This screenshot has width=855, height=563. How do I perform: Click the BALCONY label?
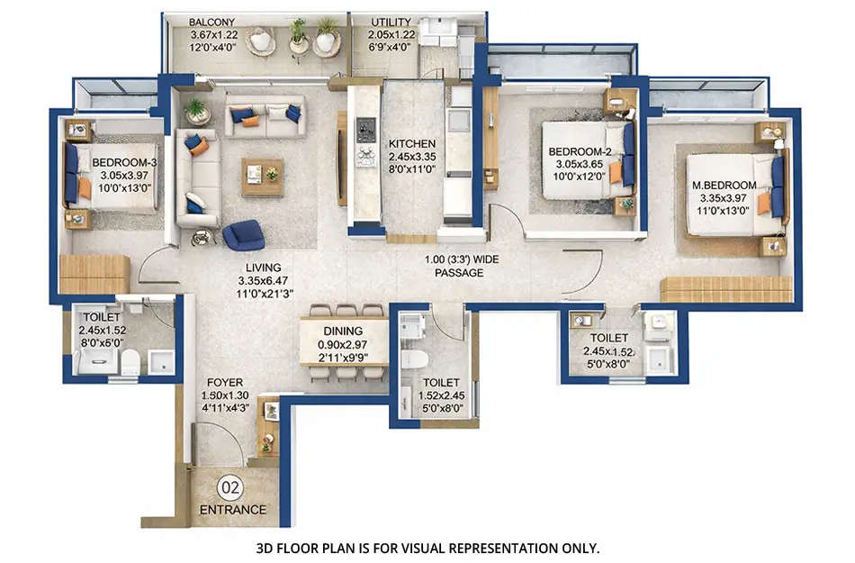point(211,22)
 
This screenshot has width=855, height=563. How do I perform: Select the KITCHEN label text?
point(412,143)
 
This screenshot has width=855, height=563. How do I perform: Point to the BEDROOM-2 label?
point(580,152)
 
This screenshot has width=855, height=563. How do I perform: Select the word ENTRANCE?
point(232,510)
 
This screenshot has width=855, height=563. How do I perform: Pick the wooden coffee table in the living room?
point(262,177)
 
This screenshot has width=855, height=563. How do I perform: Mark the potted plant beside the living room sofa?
point(196,111)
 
